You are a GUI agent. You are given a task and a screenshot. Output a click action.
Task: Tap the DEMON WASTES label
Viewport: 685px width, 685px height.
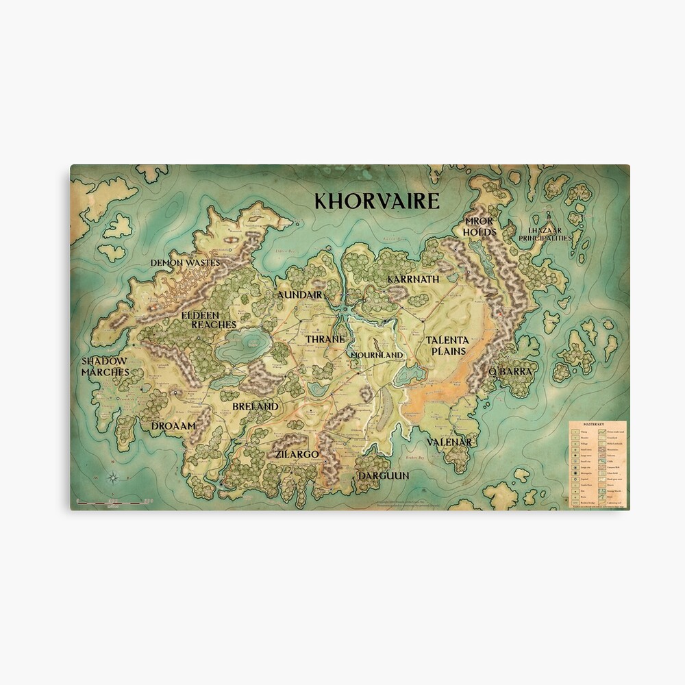185,262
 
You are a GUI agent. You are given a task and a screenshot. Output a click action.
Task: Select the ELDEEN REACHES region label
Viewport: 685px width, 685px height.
209,319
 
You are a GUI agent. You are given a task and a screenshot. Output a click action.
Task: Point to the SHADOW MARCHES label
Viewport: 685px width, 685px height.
105,366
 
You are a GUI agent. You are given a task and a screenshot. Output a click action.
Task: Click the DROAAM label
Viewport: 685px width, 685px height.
174,425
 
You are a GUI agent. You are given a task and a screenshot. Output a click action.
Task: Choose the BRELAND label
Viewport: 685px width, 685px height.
256,406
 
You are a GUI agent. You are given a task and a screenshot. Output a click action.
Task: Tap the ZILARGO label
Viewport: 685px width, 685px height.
297,453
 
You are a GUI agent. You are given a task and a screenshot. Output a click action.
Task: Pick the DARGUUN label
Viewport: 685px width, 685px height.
383,475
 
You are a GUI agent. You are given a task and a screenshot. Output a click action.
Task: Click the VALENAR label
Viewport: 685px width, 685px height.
449,443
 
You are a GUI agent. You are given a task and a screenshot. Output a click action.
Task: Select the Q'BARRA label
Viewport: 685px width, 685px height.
510,371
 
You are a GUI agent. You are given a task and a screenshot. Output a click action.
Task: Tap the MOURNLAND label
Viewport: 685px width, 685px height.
376,356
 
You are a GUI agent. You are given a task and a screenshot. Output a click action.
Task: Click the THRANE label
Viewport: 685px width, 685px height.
325,339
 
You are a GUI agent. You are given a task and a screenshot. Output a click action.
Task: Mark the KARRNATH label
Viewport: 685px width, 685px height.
413,279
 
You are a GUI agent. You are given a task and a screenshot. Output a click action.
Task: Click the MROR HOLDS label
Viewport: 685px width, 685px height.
480,227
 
